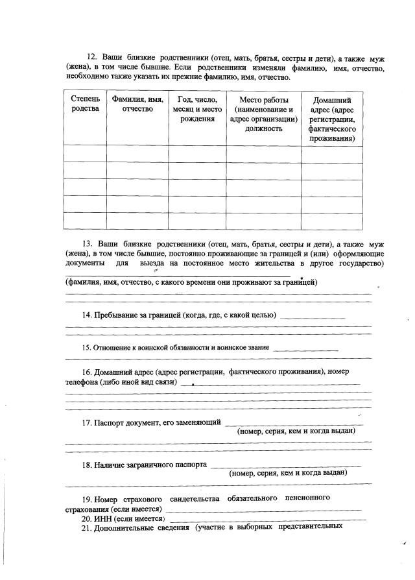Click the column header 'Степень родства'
tap(86, 104)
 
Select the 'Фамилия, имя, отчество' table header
tap(137, 104)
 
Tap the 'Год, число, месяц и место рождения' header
tap(197, 109)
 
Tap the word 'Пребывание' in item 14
tap(121, 315)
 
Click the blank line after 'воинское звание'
tap(305, 349)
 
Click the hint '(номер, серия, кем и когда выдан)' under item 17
tap(296, 431)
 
